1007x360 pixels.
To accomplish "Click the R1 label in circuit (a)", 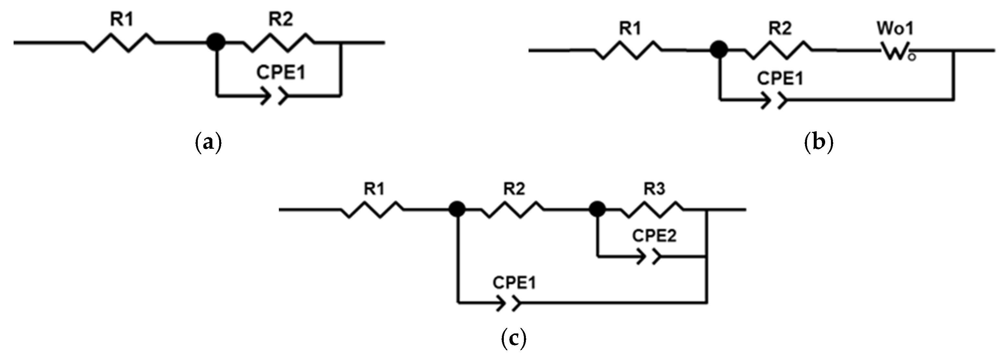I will click(122, 19).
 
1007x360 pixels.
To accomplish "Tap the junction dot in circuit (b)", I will click(718, 50).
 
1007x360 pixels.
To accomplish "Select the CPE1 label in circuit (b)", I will click(780, 78).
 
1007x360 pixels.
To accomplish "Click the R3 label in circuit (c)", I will click(654, 189).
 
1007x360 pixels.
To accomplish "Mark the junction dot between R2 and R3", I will click(597, 210).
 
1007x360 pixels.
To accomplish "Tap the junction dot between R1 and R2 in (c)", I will click(456, 210).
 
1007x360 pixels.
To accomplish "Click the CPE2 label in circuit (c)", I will click(654, 236).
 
